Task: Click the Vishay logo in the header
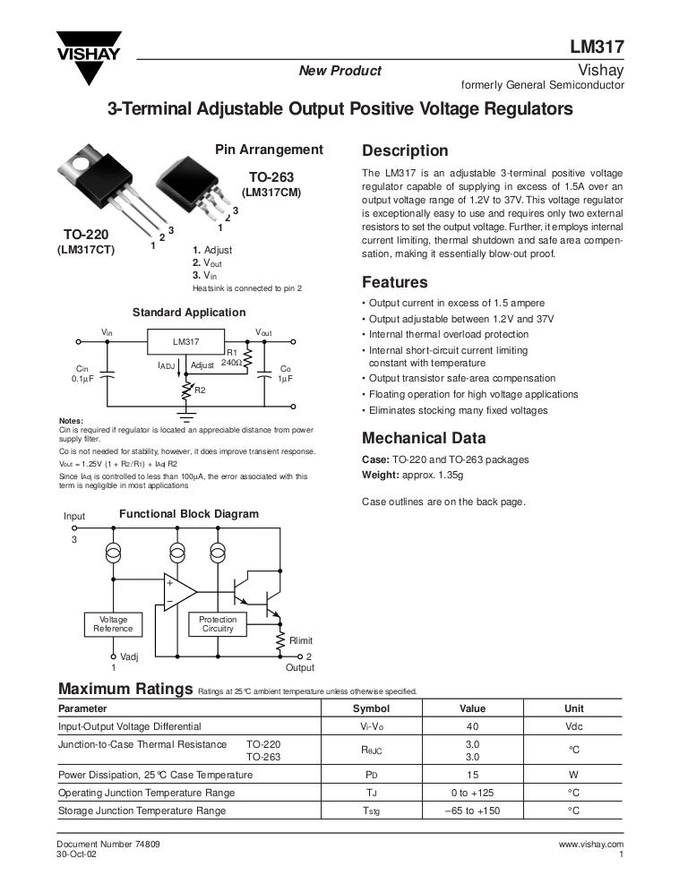coord(89,56)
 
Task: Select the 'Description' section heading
coord(404,150)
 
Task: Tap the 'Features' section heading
coord(394,282)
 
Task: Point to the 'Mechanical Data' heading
coord(424,438)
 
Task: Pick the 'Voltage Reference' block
coord(113,624)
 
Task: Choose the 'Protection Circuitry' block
coord(218,624)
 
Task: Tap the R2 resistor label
coord(200,390)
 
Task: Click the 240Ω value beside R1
coord(229,364)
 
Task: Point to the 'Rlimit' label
coord(301,640)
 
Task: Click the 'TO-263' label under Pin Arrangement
coord(271,177)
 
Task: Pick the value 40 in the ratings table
coord(473,726)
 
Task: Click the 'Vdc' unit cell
coord(574,726)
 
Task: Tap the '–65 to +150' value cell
coord(473,811)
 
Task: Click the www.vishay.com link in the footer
coord(590,845)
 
